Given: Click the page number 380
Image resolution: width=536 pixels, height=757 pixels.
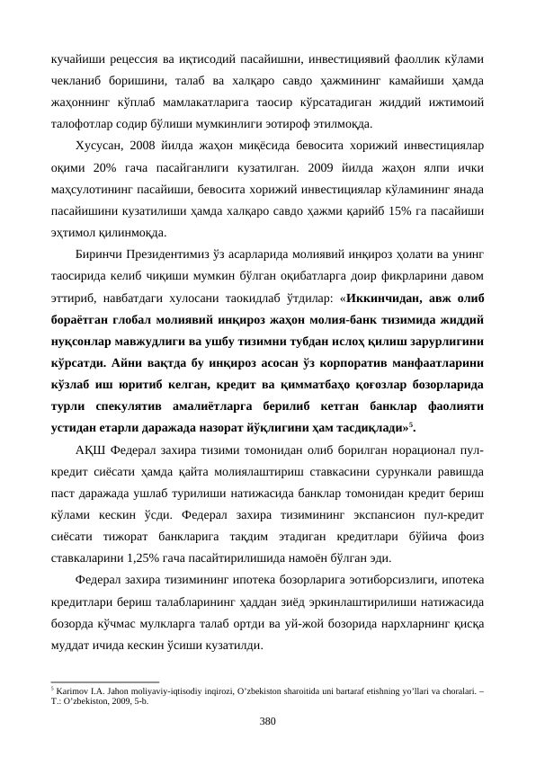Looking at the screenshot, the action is (267, 721).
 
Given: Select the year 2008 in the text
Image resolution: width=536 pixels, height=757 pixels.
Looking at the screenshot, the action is (145, 145).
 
